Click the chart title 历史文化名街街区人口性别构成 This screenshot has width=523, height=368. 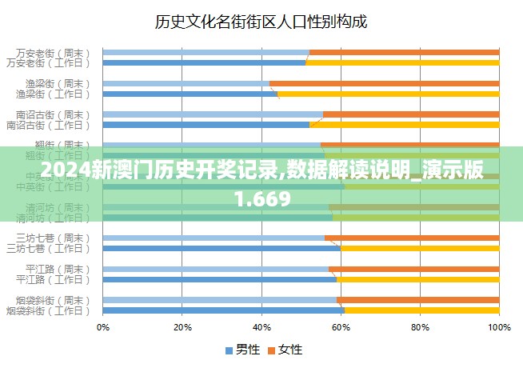(x=261, y=22)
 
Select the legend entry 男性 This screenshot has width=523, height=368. (x=243, y=350)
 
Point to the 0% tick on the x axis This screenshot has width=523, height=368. (x=103, y=327)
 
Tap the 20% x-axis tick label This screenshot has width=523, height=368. (x=182, y=327)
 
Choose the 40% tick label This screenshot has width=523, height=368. (x=261, y=327)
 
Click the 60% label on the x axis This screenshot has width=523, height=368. (x=341, y=327)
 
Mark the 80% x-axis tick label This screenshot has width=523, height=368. (x=420, y=327)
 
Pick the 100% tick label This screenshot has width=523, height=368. (x=498, y=327)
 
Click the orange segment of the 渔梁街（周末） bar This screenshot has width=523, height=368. (x=384, y=83)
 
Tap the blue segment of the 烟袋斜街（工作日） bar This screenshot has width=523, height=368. (x=224, y=310)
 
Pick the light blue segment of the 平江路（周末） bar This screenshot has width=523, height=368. (x=216, y=269)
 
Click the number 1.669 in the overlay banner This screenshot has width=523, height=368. (x=262, y=196)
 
